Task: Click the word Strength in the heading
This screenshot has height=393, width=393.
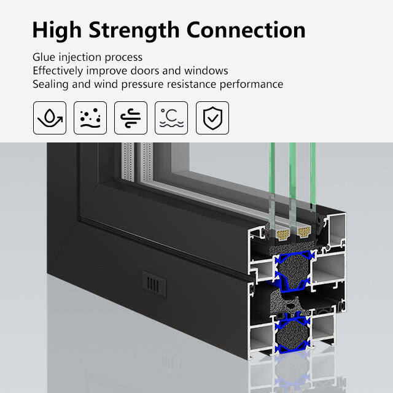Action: (134, 31)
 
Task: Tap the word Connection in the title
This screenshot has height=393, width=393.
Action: (246, 29)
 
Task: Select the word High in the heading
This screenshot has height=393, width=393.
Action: (57, 31)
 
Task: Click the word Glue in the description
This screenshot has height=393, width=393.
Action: (44, 57)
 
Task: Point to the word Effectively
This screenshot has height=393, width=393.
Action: (58, 71)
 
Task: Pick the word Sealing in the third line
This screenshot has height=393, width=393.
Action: (50, 85)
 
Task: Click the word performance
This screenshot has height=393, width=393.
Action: (251, 85)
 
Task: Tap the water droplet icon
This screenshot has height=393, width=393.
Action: (50, 118)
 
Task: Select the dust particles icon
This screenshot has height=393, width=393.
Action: (90, 118)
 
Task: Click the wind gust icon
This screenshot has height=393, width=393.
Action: (131, 118)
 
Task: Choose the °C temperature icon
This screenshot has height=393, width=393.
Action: (171, 118)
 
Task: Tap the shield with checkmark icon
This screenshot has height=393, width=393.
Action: (212, 118)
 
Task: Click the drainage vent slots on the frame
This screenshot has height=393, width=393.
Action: (154, 284)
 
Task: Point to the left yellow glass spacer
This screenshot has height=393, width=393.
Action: (282, 234)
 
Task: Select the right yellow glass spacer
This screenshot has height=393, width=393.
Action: (304, 232)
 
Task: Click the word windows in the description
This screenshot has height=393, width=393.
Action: (206, 71)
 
